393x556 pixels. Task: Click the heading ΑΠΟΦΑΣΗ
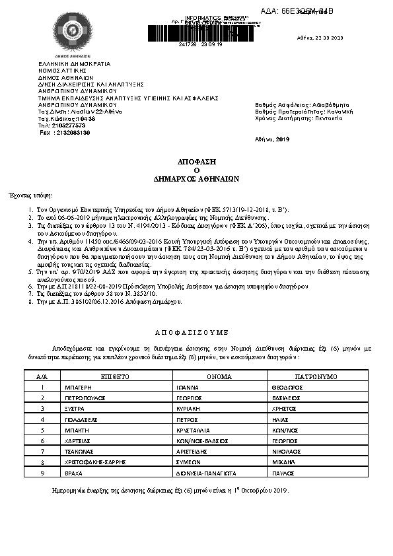click(197, 161)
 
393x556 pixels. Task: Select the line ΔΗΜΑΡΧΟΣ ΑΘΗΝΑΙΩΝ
click(197, 178)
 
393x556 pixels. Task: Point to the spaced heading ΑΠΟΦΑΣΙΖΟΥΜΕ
click(196, 334)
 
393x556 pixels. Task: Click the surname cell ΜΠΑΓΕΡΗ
click(79, 388)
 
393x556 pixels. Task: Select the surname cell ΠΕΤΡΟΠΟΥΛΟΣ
click(86, 398)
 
